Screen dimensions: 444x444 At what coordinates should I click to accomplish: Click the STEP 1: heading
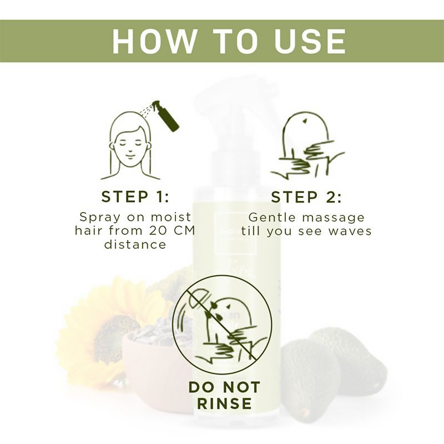pos(135,197)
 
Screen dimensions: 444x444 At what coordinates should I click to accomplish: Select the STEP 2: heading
pos(306,197)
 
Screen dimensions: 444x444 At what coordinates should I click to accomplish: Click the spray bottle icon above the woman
pos(165,117)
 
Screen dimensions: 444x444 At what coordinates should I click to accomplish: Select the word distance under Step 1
pos(135,244)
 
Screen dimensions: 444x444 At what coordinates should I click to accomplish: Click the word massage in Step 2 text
pos(330,216)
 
